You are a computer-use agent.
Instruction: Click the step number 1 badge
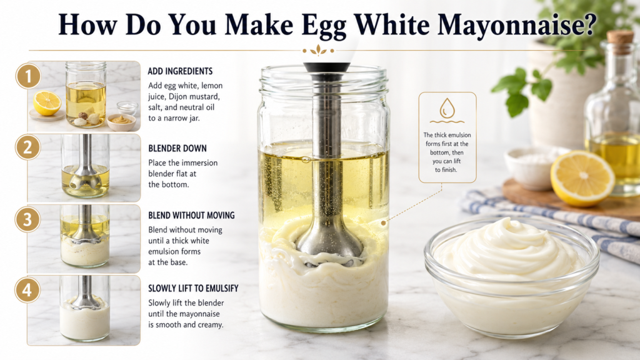[x=28, y=76]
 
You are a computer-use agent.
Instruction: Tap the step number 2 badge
[x=27, y=147]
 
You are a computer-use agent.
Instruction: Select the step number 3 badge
[x=27, y=219]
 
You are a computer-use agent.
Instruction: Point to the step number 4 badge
[x=27, y=290]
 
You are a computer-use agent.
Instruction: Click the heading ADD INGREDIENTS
[x=180, y=71]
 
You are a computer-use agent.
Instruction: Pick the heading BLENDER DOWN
[x=177, y=148]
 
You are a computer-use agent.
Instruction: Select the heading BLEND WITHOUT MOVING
[x=191, y=215]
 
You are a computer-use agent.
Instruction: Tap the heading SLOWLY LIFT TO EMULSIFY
[x=193, y=288]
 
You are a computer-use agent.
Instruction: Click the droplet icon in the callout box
[x=447, y=107]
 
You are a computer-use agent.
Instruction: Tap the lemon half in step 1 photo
[x=47, y=103]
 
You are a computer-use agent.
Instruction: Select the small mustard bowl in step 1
[x=121, y=122]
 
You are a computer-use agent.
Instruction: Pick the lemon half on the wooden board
[x=582, y=178]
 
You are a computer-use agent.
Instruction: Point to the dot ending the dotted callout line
[x=383, y=223]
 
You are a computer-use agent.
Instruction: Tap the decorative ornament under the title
[x=318, y=51]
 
